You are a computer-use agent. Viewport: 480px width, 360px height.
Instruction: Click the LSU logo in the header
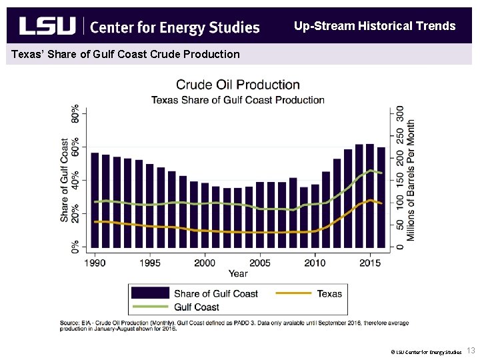[x=47, y=26]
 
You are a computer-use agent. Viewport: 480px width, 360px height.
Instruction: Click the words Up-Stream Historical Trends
[x=375, y=26]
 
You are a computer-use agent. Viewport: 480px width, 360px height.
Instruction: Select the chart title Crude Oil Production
[x=237, y=85]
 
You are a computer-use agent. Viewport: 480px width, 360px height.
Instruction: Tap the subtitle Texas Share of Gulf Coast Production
[x=237, y=100]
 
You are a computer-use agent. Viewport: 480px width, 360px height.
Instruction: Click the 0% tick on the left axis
[x=75, y=246]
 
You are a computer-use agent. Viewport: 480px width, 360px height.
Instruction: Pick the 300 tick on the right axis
[x=400, y=113]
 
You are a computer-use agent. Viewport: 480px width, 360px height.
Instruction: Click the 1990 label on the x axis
[x=95, y=263]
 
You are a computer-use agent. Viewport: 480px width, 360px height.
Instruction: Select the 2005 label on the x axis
[x=260, y=263]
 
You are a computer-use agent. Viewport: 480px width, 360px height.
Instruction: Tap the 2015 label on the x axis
[x=370, y=263]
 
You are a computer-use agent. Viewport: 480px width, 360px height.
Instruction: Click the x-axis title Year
[x=237, y=273]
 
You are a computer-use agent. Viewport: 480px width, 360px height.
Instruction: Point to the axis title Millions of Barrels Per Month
[x=411, y=180]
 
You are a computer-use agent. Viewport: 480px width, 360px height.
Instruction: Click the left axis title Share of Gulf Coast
[x=65, y=180]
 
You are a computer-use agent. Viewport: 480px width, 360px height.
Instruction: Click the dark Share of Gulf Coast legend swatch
[x=150, y=293]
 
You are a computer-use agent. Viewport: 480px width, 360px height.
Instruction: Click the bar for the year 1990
[x=95, y=200]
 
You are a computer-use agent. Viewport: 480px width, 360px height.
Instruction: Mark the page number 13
[x=471, y=351]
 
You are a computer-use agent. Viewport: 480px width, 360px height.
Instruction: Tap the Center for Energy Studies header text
[x=174, y=27]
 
